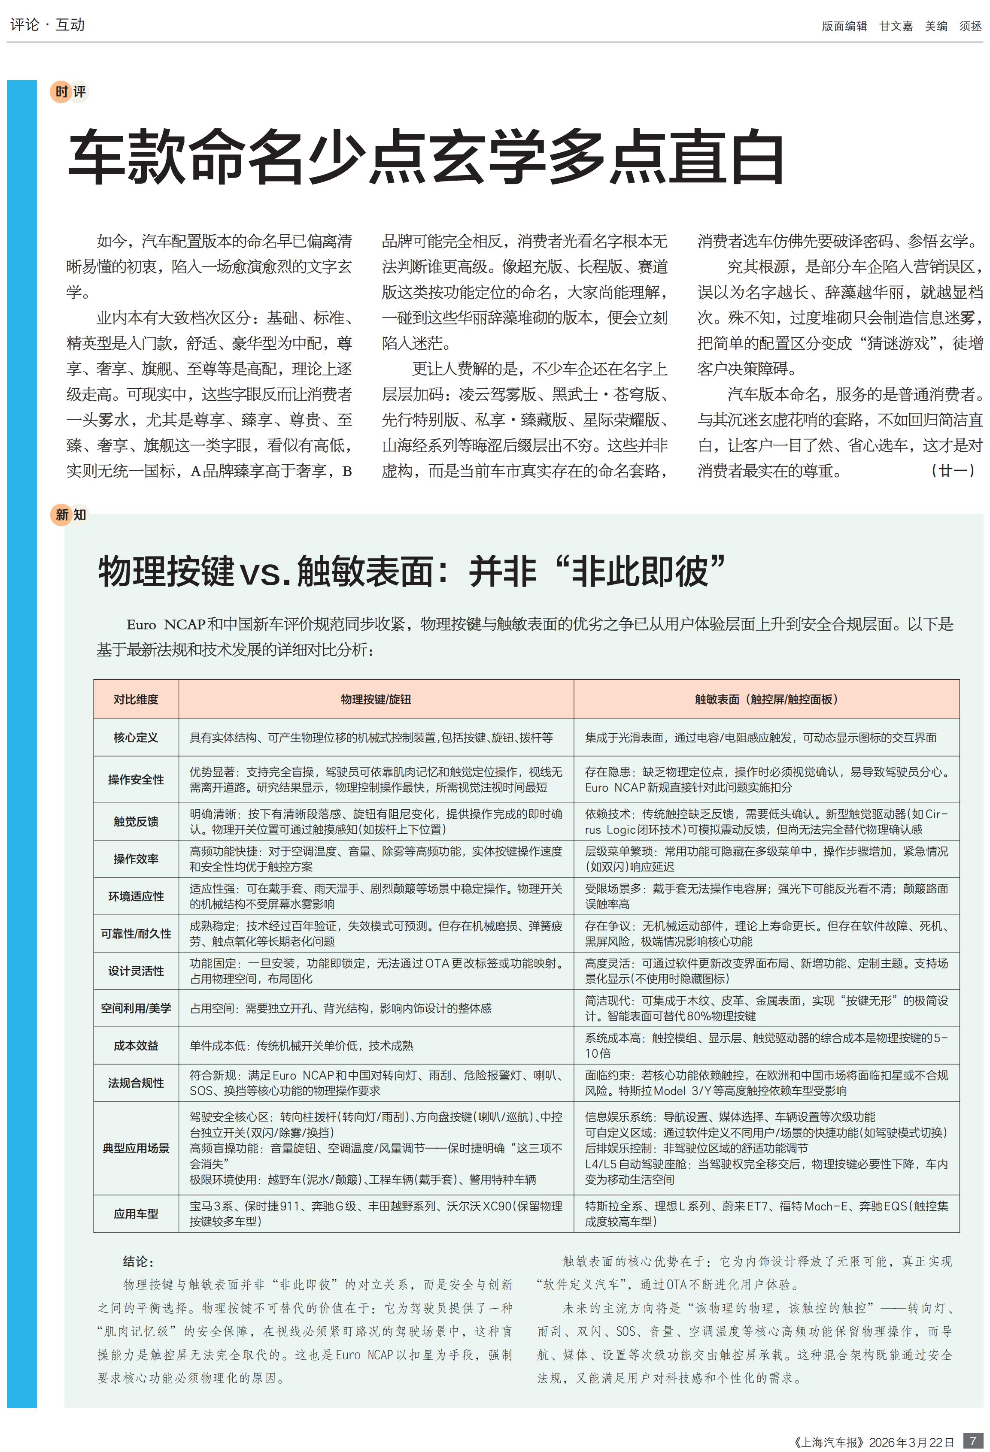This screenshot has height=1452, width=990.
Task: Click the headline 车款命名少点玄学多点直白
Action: click(425, 157)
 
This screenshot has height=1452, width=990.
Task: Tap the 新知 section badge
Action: click(70, 514)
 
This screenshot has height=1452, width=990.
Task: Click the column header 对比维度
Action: click(136, 699)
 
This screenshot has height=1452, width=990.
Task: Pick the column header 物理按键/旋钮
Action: click(376, 699)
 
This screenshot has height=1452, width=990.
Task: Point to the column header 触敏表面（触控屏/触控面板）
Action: click(766, 699)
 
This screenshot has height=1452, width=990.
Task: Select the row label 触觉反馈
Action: click(136, 821)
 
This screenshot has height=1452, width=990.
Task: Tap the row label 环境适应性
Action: click(136, 896)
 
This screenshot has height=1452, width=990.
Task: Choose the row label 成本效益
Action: click(136, 1045)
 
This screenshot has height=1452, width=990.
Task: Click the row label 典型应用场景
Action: click(136, 1148)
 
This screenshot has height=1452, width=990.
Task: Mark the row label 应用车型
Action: click(136, 1213)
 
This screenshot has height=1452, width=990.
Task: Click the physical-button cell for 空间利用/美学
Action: click(340, 1008)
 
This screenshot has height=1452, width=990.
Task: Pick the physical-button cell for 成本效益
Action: click(301, 1045)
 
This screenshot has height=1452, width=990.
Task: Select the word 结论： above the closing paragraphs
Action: click(138, 1261)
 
